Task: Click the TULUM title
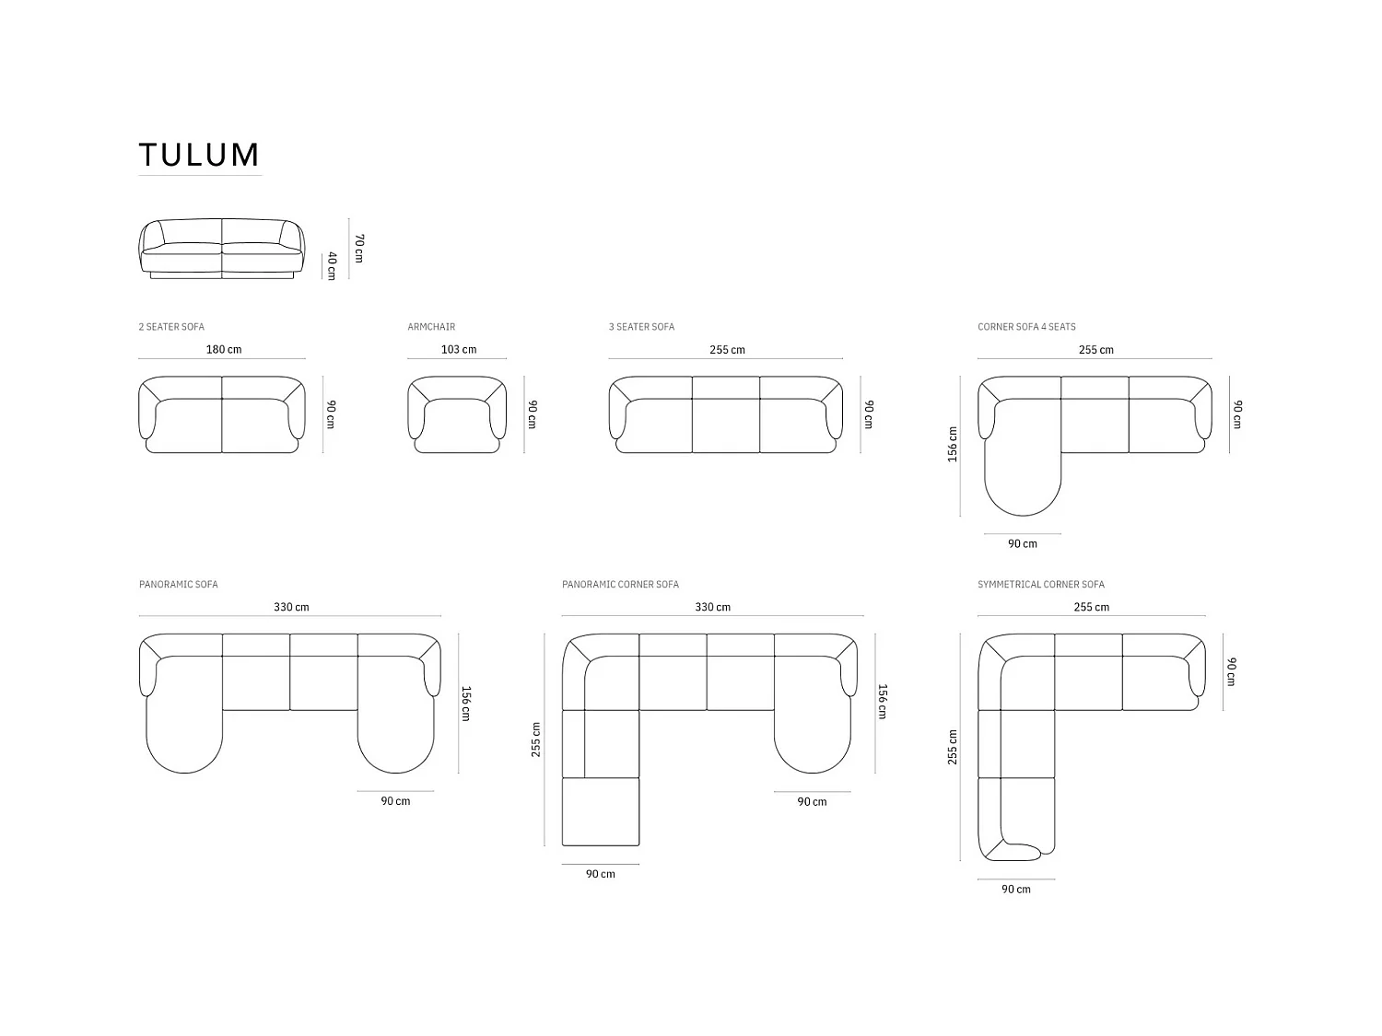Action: pos(199,155)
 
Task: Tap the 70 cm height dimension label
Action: pos(359,249)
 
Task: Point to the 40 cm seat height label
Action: pos(332,265)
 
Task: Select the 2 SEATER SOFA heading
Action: pos(171,327)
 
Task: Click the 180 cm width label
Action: pos(223,350)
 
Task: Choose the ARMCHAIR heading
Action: pos(431,327)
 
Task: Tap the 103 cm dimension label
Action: pos(459,350)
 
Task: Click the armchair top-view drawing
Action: pos(457,415)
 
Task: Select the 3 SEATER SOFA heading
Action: pos(641,327)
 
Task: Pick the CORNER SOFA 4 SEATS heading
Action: pos(1026,327)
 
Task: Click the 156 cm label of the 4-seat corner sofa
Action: pos(953,444)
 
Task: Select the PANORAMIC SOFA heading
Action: pos(179,585)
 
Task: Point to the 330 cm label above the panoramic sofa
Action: pos(291,608)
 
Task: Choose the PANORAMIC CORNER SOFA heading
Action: pos(620,585)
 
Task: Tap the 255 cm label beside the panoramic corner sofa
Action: pos(536,739)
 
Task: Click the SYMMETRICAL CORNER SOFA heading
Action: pos(1041,585)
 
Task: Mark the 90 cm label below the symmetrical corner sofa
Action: pos(1016,890)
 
